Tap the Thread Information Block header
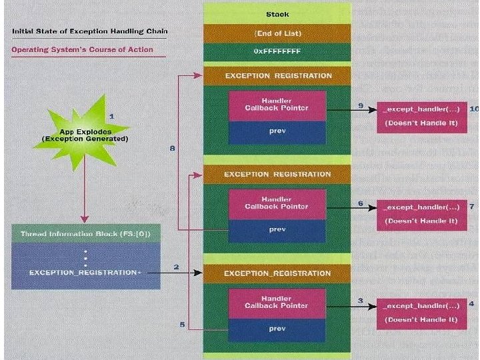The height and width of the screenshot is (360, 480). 85,234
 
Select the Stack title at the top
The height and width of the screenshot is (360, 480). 277,13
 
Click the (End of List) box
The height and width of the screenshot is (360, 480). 277,33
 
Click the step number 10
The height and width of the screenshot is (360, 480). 474,107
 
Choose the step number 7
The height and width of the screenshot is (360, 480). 472,207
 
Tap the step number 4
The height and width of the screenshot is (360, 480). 471,304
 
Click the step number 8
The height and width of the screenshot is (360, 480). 173,149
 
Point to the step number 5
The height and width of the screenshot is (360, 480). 182,325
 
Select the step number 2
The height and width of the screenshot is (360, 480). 176,267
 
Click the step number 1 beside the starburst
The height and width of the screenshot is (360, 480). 111,116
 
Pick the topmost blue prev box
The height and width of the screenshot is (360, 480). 277,131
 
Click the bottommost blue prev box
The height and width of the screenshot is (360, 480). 277,329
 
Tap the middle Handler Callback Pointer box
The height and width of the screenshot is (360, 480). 277,203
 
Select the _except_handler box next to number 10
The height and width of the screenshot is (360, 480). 421,116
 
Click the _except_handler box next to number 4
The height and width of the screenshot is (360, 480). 421,312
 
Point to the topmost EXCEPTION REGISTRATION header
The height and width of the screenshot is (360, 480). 277,76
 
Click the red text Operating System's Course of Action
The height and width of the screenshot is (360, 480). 83,49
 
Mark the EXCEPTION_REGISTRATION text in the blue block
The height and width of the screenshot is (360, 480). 83,273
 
